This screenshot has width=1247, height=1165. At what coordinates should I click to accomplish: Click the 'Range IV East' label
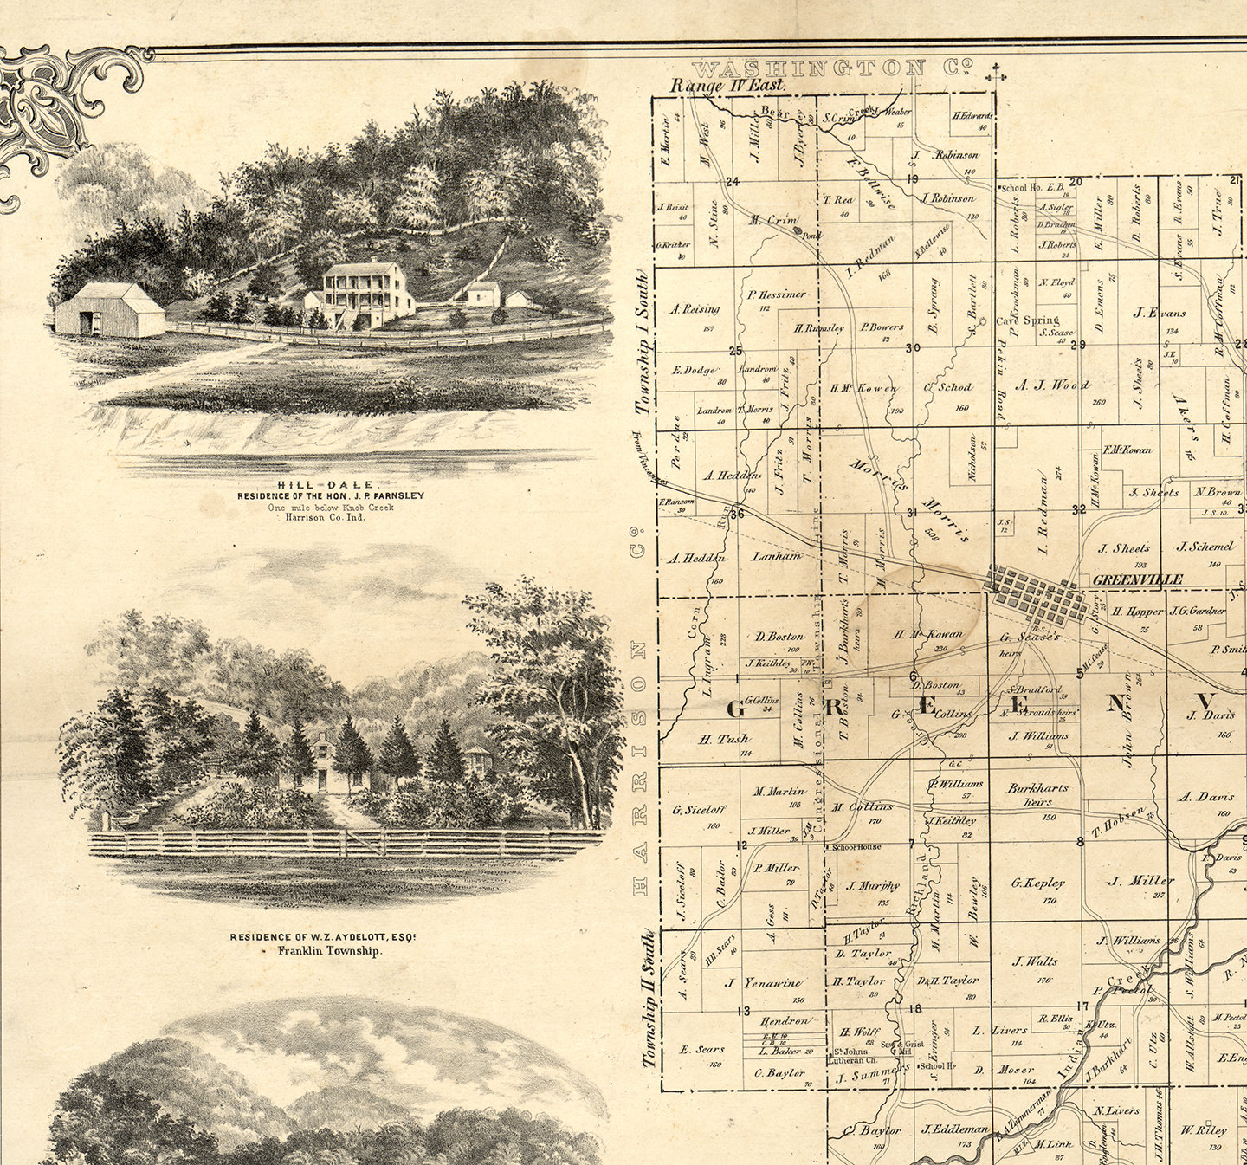tap(728, 86)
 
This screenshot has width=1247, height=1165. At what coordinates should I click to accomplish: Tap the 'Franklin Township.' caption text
tap(330, 950)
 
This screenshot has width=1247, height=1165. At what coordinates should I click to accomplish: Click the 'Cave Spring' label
tap(1028, 320)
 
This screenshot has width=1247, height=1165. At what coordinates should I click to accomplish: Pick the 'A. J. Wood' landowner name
tap(1052, 385)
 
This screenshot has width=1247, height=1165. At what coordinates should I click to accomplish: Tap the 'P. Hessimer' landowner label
tap(777, 294)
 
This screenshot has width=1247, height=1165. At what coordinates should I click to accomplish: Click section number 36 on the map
tap(737, 514)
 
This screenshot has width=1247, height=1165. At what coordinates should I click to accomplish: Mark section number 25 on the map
tap(736, 351)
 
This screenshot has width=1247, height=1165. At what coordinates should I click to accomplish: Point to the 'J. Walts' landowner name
tap(1034, 961)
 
